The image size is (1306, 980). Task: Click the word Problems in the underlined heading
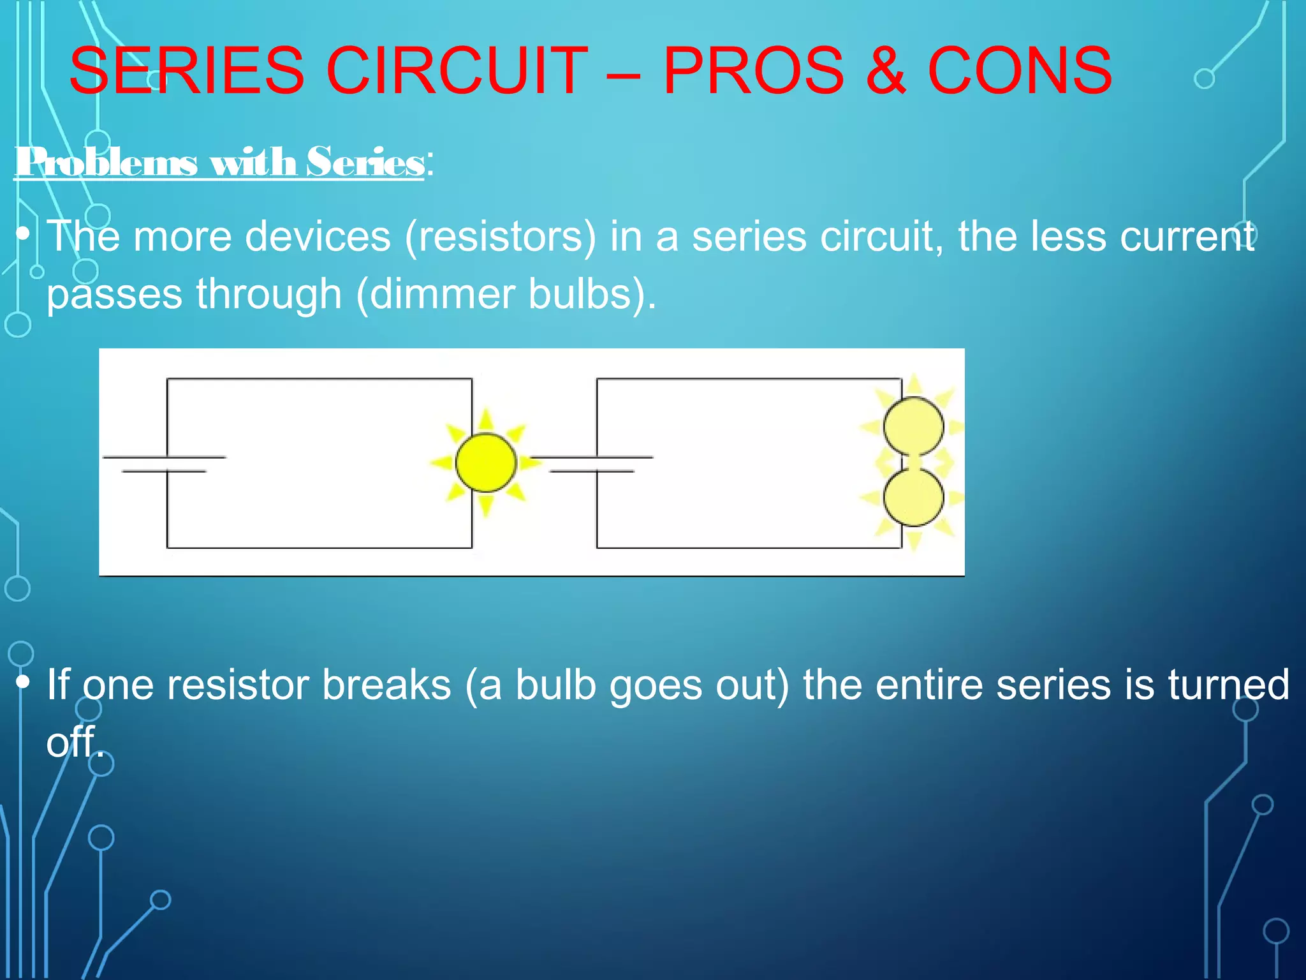(x=106, y=162)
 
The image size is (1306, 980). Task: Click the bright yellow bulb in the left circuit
(x=486, y=463)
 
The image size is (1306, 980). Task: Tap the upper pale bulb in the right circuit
(x=913, y=426)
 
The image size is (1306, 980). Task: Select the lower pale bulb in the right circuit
(x=913, y=498)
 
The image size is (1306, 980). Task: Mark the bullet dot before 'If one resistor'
(x=23, y=682)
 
